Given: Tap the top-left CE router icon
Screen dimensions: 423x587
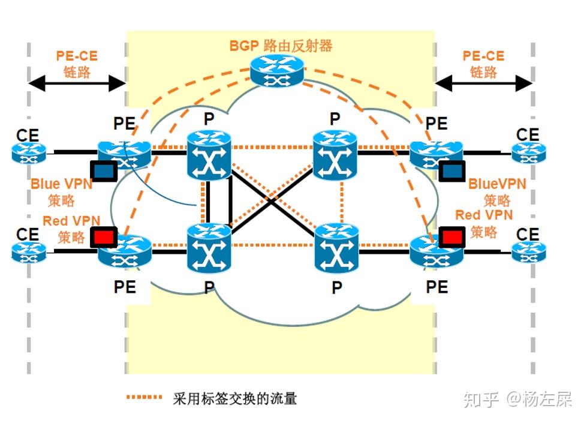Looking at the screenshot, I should click(29, 152).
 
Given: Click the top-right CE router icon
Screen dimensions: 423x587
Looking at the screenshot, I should click(528, 152).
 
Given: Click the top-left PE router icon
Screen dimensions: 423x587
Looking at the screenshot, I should click(124, 153).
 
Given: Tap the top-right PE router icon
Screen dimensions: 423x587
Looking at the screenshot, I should click(436, 153).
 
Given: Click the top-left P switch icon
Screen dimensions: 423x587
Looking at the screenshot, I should click(209, 154).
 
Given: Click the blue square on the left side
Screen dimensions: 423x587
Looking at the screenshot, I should click(103, 171).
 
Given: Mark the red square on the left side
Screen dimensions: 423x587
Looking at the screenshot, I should click(103, 238).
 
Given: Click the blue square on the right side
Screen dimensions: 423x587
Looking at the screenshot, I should click(451, 172).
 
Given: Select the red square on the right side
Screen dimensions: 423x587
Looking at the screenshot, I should click(451, 238).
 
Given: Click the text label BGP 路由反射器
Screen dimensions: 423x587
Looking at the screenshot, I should click(281, 46).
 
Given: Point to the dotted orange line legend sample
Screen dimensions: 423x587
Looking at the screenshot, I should click(145, 397).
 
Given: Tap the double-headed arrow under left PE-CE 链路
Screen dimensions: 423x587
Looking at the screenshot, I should click(77, 83).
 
